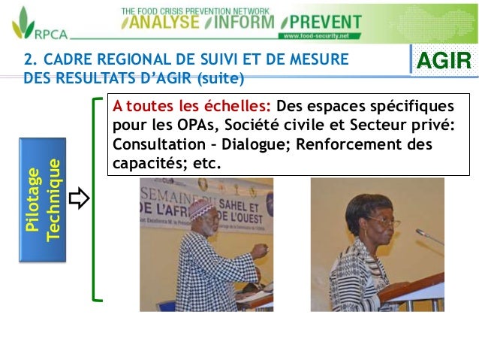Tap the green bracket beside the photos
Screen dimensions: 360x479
tap(95, 199)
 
